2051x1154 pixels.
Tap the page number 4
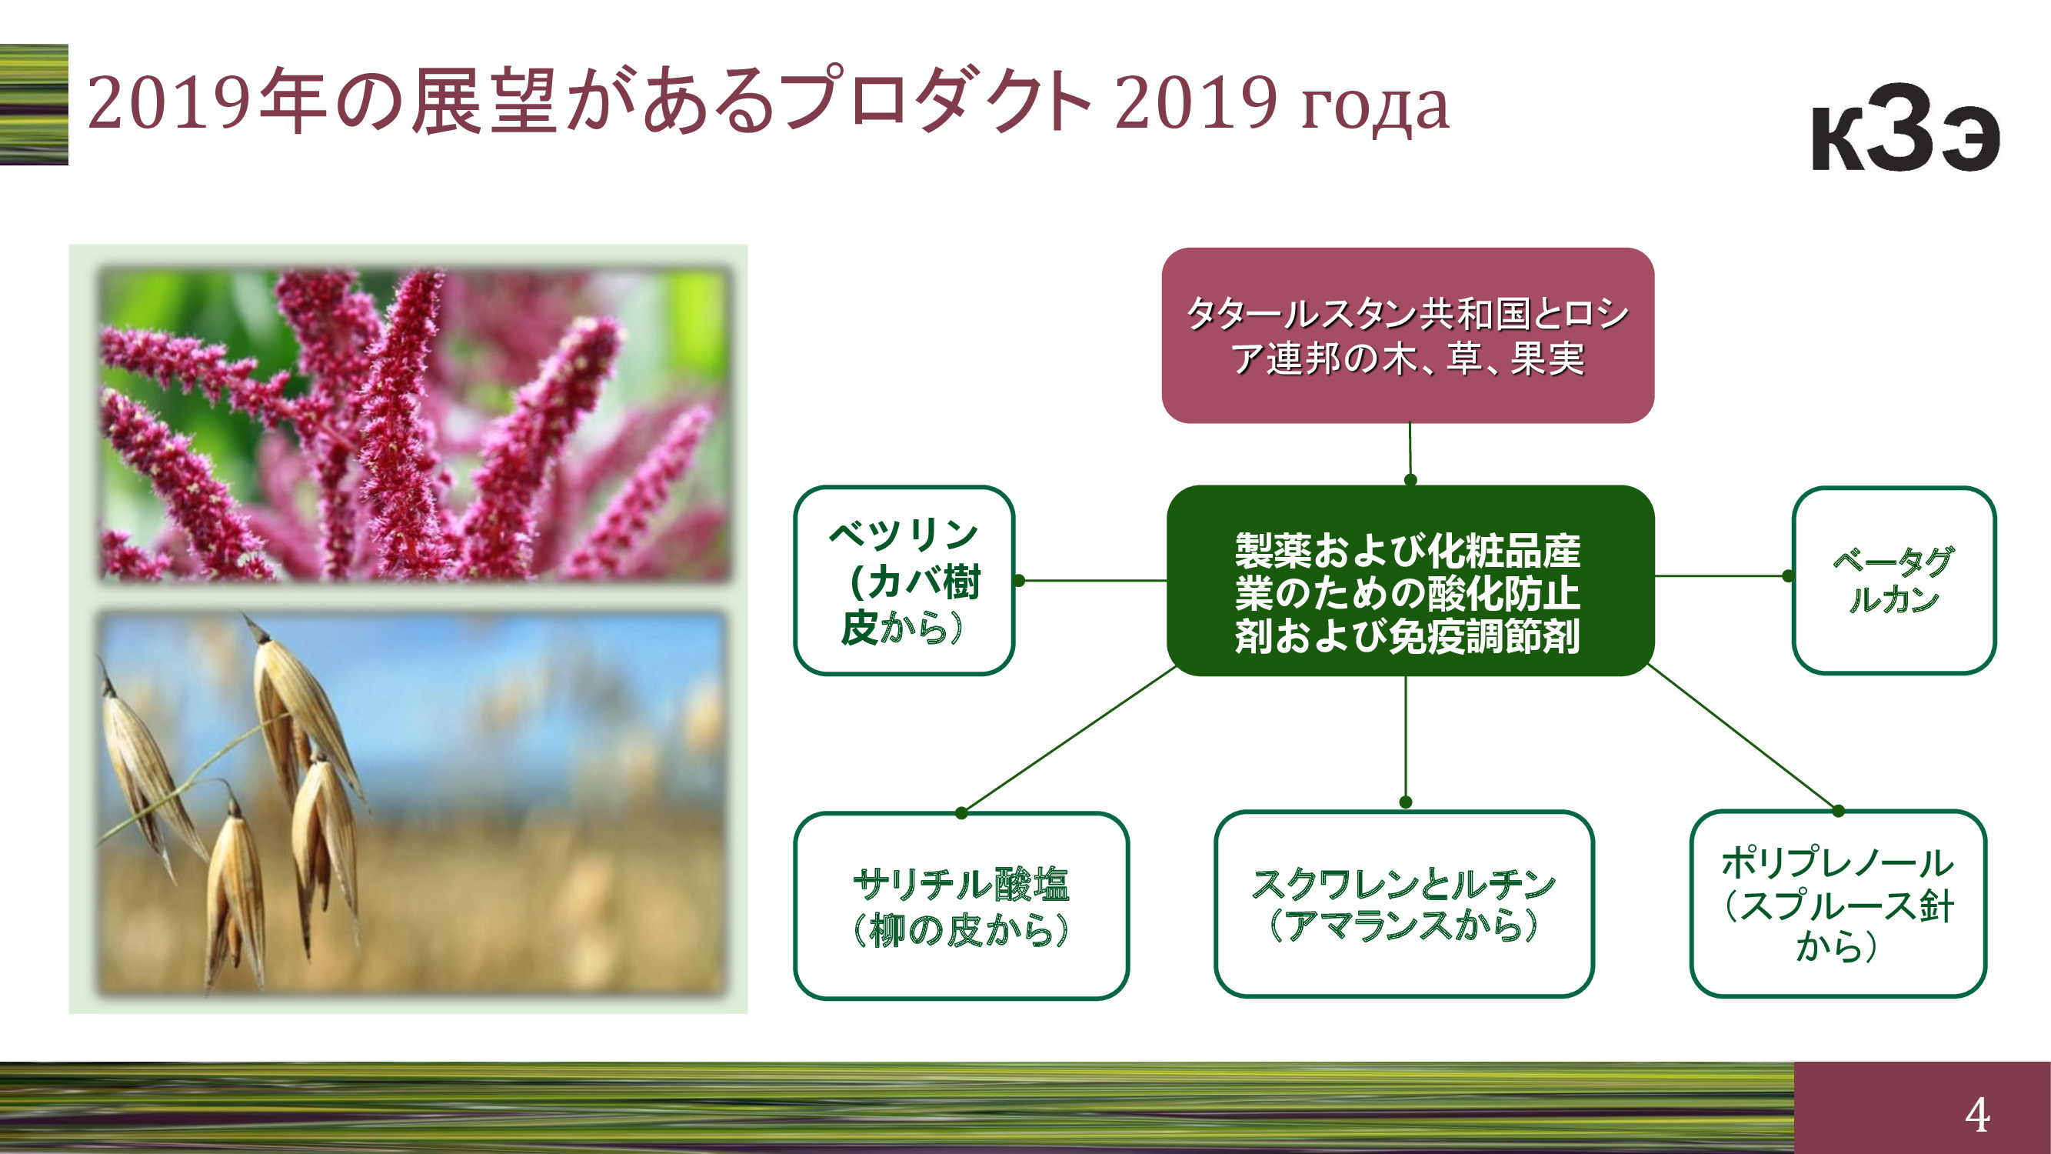point(1978,1114)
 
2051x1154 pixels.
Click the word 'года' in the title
point(1374,108)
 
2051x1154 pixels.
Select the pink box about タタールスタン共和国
point(1407,335)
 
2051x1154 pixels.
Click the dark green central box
point(1410,581)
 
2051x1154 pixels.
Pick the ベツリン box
point(904,581)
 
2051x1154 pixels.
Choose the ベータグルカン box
point(1894,581)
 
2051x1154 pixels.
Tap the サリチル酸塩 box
point(961,906)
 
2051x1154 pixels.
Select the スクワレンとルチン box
point(1403,904)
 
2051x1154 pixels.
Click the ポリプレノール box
point(1839,904)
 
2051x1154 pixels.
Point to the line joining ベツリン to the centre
point(1092,581)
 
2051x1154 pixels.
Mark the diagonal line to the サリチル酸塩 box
point(1068,739)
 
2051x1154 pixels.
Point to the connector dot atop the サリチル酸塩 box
point(961,813)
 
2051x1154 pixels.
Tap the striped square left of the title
point(33,105)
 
